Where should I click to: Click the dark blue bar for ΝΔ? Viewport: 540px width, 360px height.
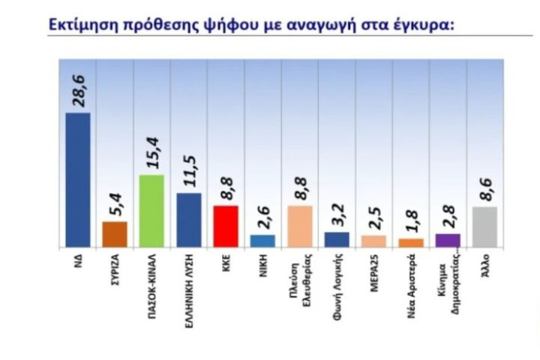coord(78,180)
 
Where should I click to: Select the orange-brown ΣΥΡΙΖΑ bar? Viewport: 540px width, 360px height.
coord(115,234)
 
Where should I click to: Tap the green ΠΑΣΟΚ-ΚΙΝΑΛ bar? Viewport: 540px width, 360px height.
coord(152,211)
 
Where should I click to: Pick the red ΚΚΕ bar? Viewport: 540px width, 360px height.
coord(226,226)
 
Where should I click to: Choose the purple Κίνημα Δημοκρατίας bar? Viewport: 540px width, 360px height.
coord(447,240)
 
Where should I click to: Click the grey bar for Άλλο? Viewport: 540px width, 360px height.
coord(484,227)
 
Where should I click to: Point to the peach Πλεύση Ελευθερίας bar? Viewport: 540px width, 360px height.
coord(300,226)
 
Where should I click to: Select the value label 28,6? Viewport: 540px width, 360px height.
coord(79,88)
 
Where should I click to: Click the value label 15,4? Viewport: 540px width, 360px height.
coord(152,151)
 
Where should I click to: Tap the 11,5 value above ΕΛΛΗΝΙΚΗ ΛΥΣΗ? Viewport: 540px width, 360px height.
coord(189,170)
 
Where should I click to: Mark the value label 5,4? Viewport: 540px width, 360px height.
coord(115,204)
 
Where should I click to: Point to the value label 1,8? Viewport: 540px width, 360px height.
coord(411,223)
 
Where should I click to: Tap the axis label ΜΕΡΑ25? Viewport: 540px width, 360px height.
coord(373,271)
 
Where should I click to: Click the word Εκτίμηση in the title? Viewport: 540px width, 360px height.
coord(82,25)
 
